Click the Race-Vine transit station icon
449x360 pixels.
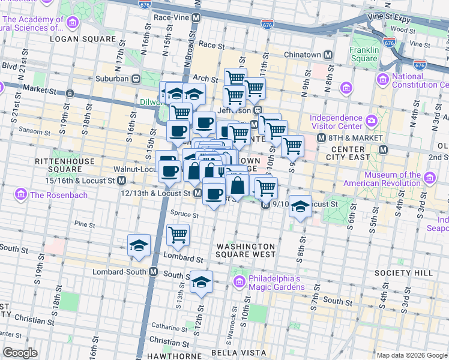click(196, 18)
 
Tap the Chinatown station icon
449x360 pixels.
click(328, 55)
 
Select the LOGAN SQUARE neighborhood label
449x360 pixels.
click(83, 39)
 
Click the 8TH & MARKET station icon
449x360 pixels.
click(382, 149)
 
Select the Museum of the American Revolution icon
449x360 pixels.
click(430, 178)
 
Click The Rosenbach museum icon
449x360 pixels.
click(21, 194)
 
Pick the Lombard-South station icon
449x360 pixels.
click(153, 272)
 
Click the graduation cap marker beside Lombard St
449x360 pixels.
click(139, 245)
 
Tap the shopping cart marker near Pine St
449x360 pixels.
click(178, 234)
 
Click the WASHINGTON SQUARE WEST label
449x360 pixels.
click(246, 251)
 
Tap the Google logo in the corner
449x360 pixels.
click(20, 353)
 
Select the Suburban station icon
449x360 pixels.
click(136, 79)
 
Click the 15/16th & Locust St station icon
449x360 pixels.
click(121, 180)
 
